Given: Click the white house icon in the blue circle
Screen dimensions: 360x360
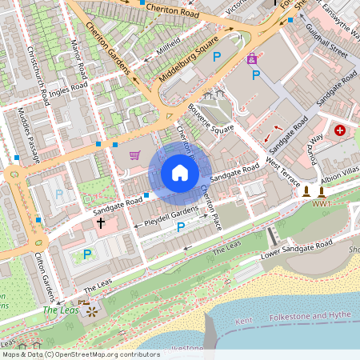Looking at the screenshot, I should pyautogui.click(x=180, y=173).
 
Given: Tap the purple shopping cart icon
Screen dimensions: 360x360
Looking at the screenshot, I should pyautogui.click(x=134, y=155).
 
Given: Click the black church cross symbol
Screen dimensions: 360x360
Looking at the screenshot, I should pyautogui.click(x=101, y=222).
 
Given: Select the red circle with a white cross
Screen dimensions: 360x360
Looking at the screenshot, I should pyautogui.click(x=340, y=130).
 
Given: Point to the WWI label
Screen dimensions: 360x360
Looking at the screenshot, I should pyautogui.click(x=322, y=204).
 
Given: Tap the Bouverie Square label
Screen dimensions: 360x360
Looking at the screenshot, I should pyautogui.click(x=210, y=118).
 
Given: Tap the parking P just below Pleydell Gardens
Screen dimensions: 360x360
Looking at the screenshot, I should pyautogui.click(x=180, y=227).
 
